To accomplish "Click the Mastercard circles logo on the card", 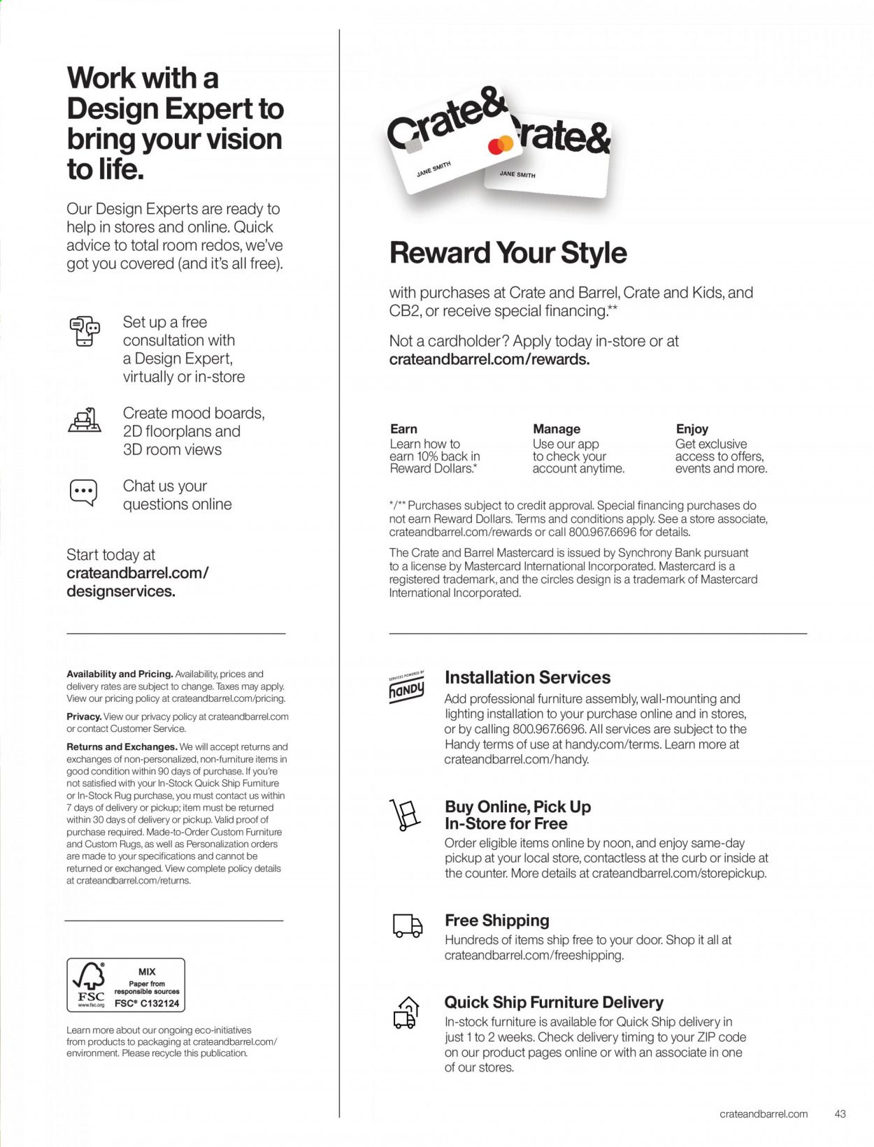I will (501, 145).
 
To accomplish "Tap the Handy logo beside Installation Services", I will (406, 688).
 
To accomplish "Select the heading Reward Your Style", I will (508, 253).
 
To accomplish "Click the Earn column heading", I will (403, 429).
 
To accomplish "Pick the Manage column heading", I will (557, 429).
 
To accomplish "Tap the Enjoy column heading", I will (692, 429).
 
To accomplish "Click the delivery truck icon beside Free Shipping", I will (407, 926).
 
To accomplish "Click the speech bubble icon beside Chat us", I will (84, 492).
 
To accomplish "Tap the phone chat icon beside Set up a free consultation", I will (85, 331).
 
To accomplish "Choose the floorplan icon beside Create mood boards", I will (85, 420).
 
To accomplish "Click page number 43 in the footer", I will (840, 1113).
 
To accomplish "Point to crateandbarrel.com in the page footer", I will (764, 1113).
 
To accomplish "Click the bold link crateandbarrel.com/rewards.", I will (489, 359).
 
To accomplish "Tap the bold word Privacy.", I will (84, 716).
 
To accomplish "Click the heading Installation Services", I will (527, 677).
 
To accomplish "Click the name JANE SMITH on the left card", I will (434, 169).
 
